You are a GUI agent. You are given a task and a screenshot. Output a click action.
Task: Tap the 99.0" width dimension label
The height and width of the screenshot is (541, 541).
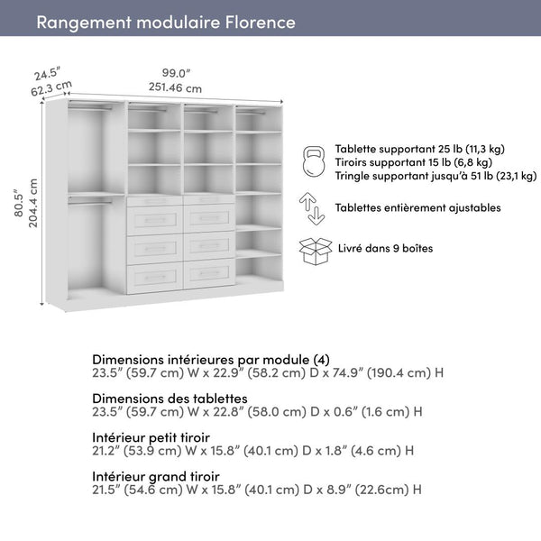[x=176, y=73]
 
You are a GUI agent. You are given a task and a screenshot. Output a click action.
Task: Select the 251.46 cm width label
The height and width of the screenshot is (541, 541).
[x=176, y=87]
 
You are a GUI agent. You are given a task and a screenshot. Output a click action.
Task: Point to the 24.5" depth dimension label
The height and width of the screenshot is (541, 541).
[x=47, y=73]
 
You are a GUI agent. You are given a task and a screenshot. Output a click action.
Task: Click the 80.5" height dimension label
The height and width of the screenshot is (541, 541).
[x=17, y=206]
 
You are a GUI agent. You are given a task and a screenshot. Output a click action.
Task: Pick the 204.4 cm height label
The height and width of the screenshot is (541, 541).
[x=33, y=203]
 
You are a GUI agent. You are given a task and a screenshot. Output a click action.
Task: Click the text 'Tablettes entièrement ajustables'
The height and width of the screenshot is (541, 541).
[x=417, y=207]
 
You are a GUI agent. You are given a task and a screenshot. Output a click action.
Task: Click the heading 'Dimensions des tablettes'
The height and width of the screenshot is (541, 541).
[x=170, y=399]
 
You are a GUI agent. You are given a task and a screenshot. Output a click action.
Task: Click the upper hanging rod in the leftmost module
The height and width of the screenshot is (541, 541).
[x=90, y=108]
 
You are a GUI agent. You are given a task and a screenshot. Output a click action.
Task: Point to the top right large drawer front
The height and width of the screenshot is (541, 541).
[x=209, y=219]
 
